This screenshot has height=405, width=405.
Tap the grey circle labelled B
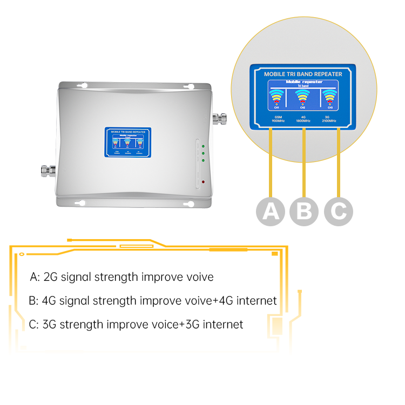304,211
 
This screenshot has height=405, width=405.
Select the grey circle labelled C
339,211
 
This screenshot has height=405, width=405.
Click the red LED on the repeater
202,182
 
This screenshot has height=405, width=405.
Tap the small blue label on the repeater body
127,143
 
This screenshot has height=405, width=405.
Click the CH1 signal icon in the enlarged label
276,97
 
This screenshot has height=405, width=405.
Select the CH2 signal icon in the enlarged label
303,97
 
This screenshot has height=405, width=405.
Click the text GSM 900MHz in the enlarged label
278,118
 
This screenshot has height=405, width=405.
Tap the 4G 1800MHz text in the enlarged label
303,118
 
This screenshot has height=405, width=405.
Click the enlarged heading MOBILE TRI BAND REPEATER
303,73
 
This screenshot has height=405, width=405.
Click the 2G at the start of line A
50,277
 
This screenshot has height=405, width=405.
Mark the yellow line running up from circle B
304,162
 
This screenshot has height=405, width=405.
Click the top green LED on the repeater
202,146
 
